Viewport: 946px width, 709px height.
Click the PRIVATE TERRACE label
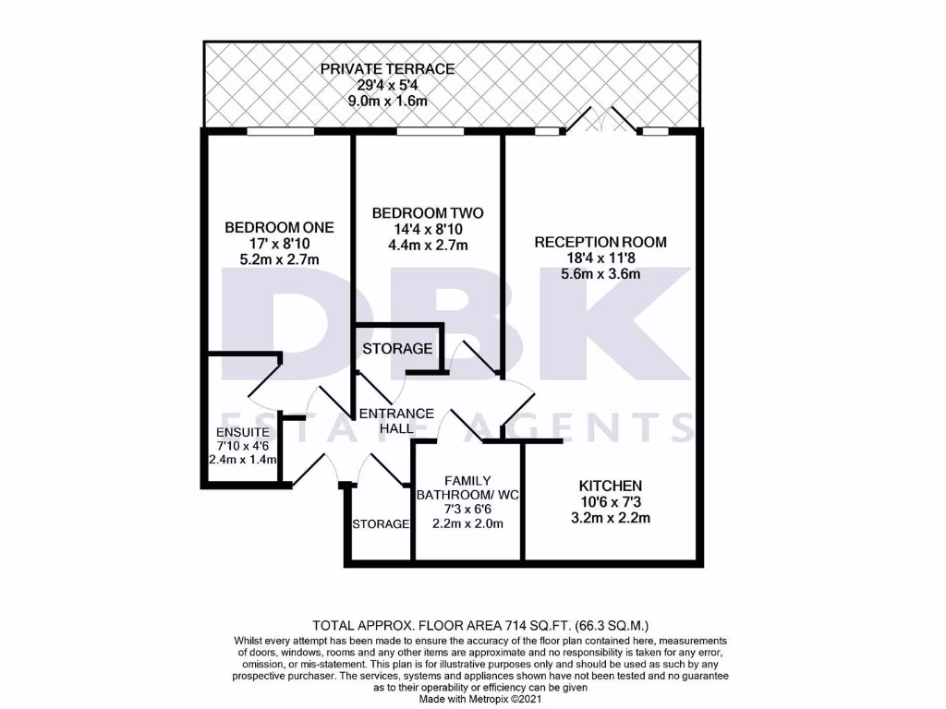click(x=387, y=68)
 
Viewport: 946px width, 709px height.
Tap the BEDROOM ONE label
click(x=279, y=227)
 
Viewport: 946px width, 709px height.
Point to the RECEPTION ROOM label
click(x=600, y=242)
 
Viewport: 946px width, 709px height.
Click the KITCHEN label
click(x=610, y=486)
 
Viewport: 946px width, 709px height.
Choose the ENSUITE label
click(x=242, y=432)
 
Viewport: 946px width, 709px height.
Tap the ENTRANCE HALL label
click(x=395, y=421)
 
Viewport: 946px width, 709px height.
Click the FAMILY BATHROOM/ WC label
click(x=469, y=487)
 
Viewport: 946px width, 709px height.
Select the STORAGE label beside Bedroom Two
click(x=397, y=349)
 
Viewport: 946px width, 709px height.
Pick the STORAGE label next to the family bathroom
click(x=380, y=524)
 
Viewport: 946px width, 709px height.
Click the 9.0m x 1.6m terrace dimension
click(x=387, y=101)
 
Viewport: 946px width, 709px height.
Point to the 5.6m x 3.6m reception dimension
click(x=600, y=274)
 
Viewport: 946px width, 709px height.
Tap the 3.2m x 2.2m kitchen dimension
click(x=610, y=518)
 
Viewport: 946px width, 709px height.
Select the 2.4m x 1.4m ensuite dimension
click(x=242, y=459)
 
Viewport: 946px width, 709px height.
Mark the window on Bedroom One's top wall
click(x=280, y=132)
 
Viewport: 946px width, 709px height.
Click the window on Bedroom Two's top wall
click(x=430, y=132)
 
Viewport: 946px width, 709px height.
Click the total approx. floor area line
click(x=472, y=625)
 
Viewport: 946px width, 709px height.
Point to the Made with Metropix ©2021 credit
click(x=472, y=700)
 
